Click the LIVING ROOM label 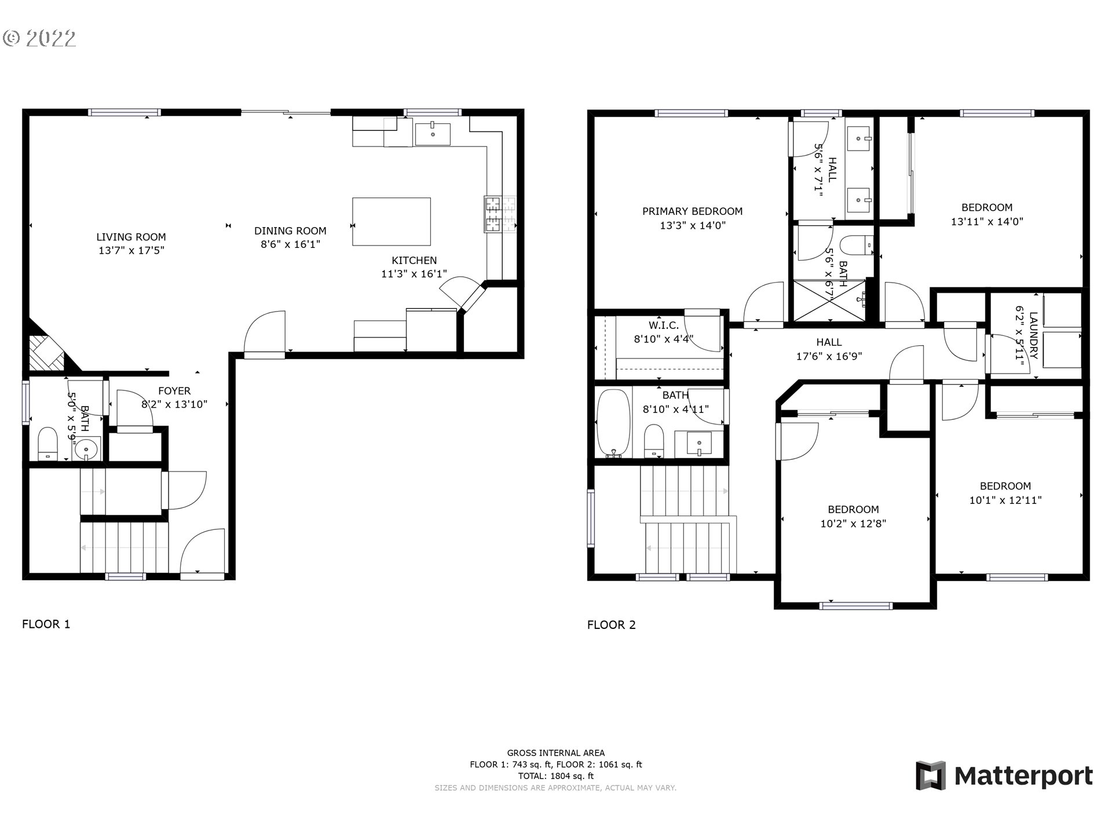point(131,237)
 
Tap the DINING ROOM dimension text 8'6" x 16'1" point(290,244)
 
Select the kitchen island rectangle point(392,222)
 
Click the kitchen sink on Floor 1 point(433,134)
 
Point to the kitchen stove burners point(500,214)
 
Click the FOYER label point(174,391)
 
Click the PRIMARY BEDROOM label point(692,211)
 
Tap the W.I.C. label point(664,325)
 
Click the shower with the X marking point(829,301)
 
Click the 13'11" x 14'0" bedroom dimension point(987,221)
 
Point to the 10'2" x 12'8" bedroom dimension point(853,524)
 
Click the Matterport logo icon point(931,776)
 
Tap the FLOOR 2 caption point(612,624)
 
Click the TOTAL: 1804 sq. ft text point(556,776)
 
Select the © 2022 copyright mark point(39,38)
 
